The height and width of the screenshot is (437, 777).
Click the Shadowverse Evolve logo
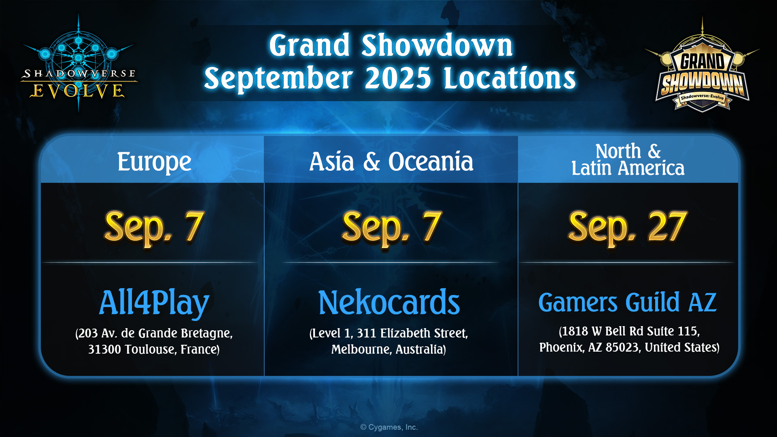click(79, 65)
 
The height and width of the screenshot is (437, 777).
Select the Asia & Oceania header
click(391, 162)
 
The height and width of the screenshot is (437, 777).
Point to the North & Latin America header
click(628, 160)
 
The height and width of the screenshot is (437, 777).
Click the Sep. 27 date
click(628, 228)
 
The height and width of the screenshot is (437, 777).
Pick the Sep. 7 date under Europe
click(154, 228)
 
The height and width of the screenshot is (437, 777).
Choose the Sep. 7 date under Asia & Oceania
click(391, 228)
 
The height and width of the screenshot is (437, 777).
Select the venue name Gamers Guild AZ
click(628, 303)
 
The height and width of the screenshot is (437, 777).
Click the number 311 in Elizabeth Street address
click(367, 333)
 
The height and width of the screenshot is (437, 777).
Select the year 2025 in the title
click(398, 78)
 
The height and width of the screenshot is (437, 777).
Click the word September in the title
click(278, 79)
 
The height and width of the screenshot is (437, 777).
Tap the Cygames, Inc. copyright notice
click(389, 427)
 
